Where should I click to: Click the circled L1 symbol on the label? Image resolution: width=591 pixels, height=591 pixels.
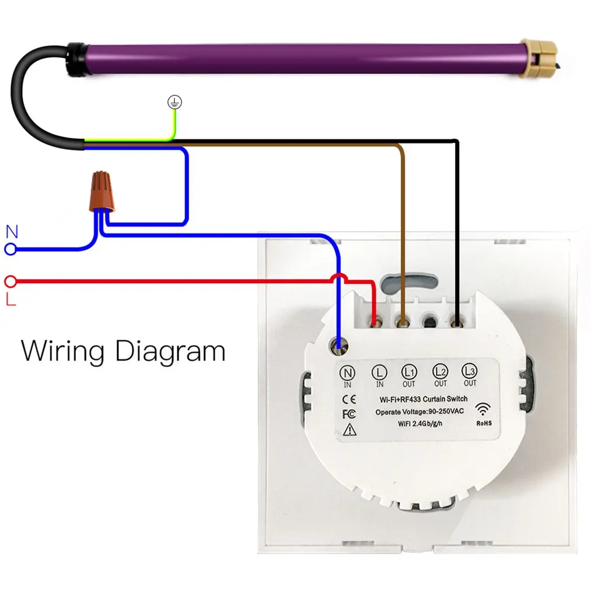click(408, 371)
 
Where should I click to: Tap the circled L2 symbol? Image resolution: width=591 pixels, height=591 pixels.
click(439, 370)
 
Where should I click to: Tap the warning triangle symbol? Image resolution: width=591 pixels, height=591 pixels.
click(349, 430)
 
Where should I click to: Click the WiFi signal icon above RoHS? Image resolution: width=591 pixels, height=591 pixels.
click(483, 408)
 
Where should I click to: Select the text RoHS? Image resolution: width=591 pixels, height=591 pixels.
click(483, 422)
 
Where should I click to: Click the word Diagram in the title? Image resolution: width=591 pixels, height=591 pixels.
click(170, 352)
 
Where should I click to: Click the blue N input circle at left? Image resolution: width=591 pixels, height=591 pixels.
click(10, 250)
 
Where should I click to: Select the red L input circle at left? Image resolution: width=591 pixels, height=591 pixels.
click(10, 282)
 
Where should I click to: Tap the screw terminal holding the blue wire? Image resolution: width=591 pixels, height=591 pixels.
click(338, 345)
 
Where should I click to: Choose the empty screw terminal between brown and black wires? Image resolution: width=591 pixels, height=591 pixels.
click(430, 321)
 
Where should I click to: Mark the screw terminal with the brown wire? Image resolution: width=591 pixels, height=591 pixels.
click(402, 321)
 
